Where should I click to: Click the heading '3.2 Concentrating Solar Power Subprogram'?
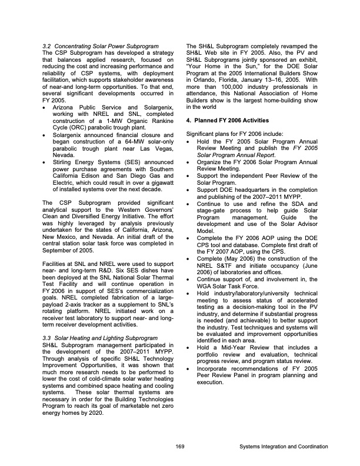[x=101, y=46]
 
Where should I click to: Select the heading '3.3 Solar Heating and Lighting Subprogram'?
[x=101, y=338]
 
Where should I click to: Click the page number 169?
[x=180, y=447]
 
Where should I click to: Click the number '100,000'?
[x=231, y=88]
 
